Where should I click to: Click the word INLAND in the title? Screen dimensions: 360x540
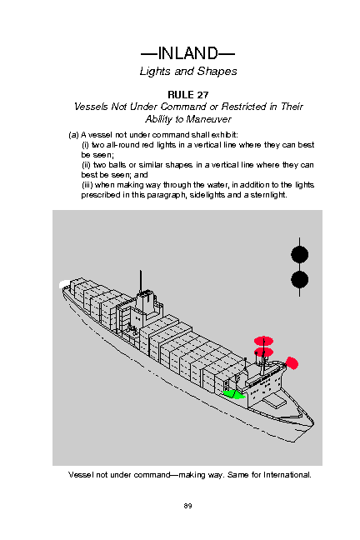coord(187,53)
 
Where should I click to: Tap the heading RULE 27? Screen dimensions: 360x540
coord(188,95)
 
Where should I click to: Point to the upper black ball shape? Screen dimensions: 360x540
coord(300,255)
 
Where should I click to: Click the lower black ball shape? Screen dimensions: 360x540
coord(300,280)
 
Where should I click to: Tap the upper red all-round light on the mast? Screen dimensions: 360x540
coord(263,341)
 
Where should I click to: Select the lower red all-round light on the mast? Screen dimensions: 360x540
coord(263,352)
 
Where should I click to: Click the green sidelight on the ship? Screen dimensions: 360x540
coord(233,394)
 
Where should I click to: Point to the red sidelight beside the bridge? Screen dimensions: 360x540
coord(292,363)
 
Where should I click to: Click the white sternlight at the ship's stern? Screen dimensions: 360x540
coord(64,284)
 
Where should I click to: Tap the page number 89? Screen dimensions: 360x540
coord(187,506)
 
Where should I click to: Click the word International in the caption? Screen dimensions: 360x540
coord(287,475)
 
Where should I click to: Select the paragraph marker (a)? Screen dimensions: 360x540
coord(73,135)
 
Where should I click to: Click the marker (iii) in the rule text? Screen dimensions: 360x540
coord(87,185)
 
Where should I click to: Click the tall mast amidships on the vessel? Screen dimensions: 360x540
coord(141,281)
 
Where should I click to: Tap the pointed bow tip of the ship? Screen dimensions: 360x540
coord(313,421)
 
